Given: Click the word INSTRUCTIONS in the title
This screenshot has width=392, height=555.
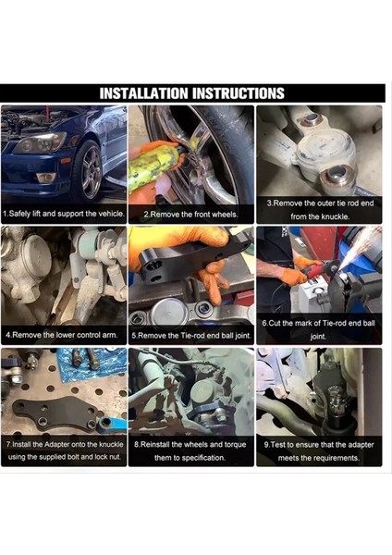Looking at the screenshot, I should point(237,93).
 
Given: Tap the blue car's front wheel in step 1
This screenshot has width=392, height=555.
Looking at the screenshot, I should point(90,170).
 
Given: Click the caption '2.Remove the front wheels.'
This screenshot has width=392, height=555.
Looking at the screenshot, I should point(190,215).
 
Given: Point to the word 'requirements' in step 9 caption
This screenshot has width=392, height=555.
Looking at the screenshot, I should point(337,457).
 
